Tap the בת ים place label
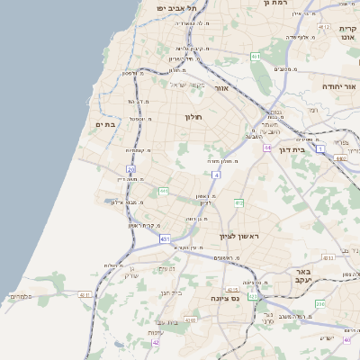[107, 125]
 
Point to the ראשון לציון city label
[238, 237]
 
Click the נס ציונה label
[227, 298]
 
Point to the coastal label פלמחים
[21, 296]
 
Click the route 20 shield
[130, 168]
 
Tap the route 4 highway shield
[216, 174]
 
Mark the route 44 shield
[267, 147]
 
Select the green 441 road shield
[163, 191]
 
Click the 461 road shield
[256, 56]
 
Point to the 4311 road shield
[85, 294]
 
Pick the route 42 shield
[156, 343]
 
